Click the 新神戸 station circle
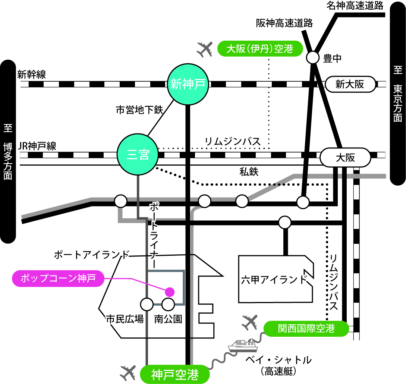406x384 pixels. coord(188,84)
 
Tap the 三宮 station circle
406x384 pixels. coord(138,154)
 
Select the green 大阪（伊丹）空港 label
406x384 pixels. coord(260,48)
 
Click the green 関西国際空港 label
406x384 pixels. coord(306,328)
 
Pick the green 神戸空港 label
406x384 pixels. coord(175,374)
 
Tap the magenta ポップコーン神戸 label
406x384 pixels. coord(59,278)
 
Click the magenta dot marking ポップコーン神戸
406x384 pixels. coord(170,291)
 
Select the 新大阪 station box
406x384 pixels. coord(350,85)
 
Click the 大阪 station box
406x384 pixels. coord(345,158)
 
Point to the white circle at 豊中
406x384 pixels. coord(313,58)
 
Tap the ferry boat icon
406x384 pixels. coord(242,346)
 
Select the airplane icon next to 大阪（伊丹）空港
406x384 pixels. coord(204,49)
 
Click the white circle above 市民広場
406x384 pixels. coord(147,304)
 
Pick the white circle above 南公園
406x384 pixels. coord(168,304)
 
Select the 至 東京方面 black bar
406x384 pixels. coord(398,93)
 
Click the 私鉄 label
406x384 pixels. coord(249,172)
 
